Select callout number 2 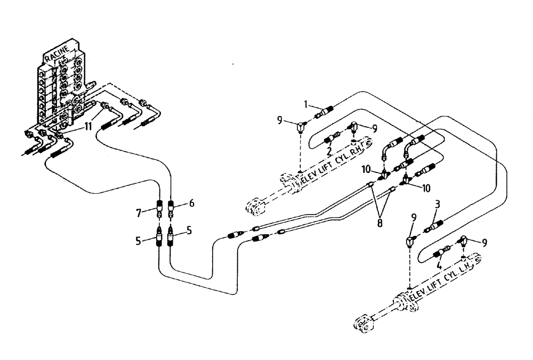pos(329,151)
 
